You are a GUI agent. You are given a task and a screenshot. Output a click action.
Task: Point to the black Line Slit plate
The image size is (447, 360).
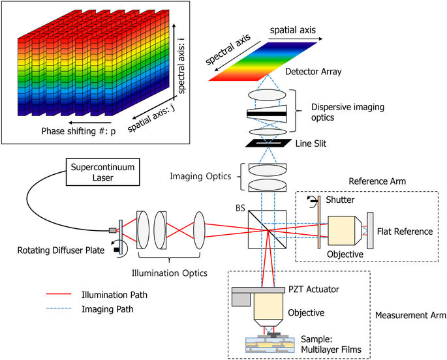coord(267,142)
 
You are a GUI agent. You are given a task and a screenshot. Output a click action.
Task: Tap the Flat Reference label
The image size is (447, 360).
coord(407,232)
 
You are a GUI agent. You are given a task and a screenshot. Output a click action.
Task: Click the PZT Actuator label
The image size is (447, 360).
coord(313,289)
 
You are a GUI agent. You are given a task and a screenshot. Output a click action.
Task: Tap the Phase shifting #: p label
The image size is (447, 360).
coord(70,131)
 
